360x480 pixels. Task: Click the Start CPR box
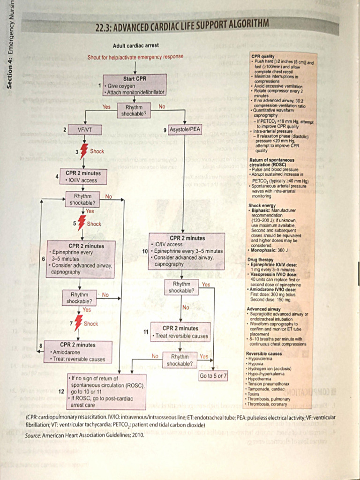pyautogui.click(x=135, y=85)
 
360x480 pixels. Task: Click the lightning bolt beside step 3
pyautogui.click(x=84, y=151)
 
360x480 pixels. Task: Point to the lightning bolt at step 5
pyautogui.click(x=82, y=224)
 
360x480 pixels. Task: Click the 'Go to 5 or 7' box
pyautogui.click(x=213, y=375)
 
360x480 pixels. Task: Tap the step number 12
pyautogui.click(x=61, y=391)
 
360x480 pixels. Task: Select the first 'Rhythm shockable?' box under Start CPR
pyautogui.click(x=134, y=111)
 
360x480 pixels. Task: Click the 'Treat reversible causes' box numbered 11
pyautogui.click(x=180, y=332)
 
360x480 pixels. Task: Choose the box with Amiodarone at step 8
pyautogui.click(x=78, y=352)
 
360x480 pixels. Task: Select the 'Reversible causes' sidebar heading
pyautogui.click(x=264, y=353)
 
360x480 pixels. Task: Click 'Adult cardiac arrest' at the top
pyautogui.click(x=135, y=45)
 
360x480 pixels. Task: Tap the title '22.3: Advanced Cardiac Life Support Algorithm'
pyautogui.click(x=182, y=24)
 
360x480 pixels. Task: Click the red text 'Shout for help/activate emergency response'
pyautogui.click(x=135, y=58)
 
